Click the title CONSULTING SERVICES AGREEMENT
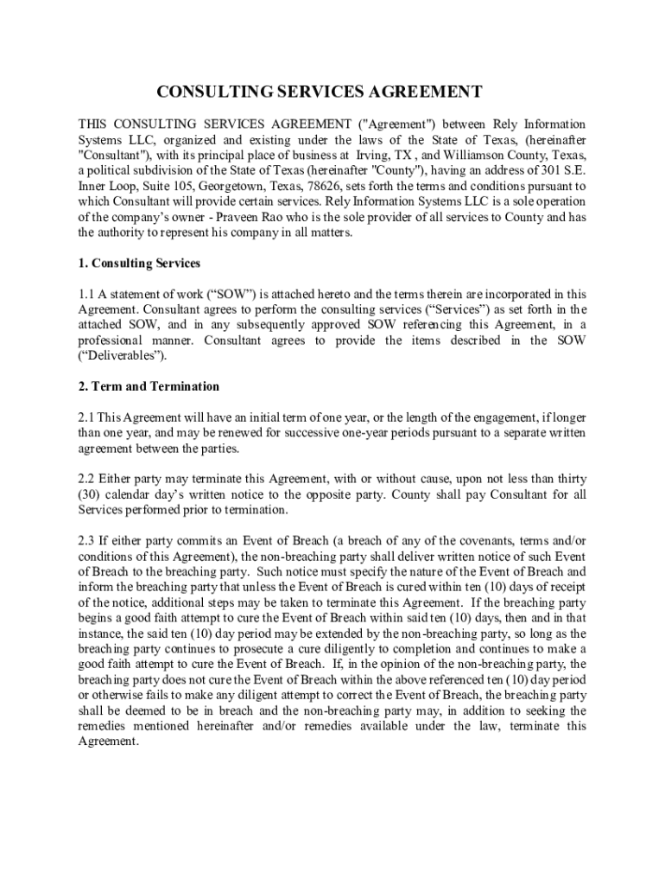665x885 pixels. [319, 92]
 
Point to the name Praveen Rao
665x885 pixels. [254, 217]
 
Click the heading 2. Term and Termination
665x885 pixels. [149, 386]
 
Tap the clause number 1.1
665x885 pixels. [87, 294]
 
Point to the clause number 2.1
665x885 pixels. [88, 417]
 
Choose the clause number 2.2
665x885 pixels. [88, 479]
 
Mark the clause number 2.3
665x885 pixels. [88, 540]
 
